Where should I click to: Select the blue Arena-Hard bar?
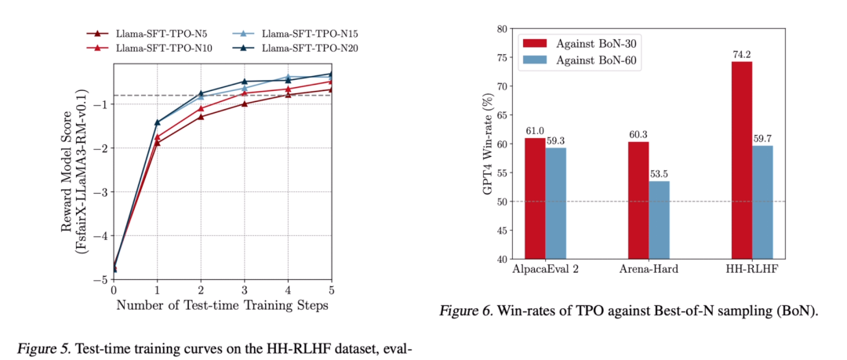pos(659,220)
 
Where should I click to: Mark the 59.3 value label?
pos(556,142)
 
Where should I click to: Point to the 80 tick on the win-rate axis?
pos(499,28)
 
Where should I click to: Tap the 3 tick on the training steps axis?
pos(244,290)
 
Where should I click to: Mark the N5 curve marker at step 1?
pos(158,144)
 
